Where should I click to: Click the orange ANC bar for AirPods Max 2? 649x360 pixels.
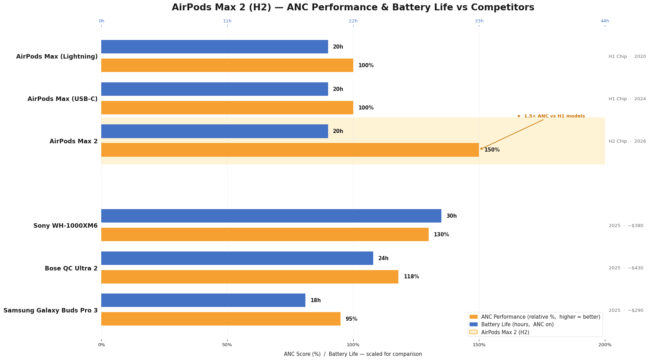290,150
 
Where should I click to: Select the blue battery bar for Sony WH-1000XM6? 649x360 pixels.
271,216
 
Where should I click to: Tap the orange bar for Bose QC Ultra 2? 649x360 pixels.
250,277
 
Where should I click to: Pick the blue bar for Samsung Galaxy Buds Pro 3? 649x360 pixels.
203,300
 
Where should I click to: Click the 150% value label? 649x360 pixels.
492,150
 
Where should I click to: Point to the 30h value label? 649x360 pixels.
451,216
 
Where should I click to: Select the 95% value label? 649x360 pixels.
351,319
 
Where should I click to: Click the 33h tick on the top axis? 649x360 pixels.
479,21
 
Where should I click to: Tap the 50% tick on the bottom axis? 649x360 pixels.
227,345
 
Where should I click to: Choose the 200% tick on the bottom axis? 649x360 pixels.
605,345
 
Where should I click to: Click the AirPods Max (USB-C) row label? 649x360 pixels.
63,99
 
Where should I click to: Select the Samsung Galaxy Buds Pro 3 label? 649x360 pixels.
51,310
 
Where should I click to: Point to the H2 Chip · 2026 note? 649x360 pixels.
627,141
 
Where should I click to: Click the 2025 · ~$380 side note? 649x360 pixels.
626,226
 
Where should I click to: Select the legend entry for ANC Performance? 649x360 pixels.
540,317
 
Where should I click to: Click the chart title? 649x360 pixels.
353,8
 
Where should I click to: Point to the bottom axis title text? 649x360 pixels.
353,354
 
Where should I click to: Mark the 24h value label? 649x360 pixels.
383,258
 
